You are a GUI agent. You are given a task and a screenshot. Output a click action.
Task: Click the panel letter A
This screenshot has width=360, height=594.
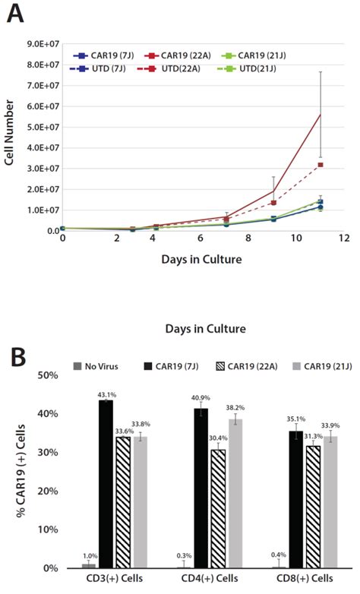click(x=17, y=14)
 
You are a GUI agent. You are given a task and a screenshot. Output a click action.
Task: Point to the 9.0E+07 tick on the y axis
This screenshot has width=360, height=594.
click(x=40, y=44)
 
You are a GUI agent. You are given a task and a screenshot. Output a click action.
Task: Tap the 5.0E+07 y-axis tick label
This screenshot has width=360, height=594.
click(x=40, y=127)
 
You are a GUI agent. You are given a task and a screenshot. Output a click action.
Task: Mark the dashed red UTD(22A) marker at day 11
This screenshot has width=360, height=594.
click(x=321, y=165)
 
